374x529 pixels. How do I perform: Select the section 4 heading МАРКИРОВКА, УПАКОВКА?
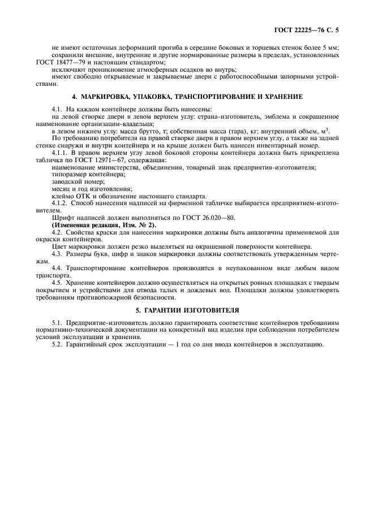186,97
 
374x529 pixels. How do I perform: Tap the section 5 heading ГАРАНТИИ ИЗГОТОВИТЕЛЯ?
186,310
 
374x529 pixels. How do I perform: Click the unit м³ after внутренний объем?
325,130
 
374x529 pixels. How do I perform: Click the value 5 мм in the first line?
329,48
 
